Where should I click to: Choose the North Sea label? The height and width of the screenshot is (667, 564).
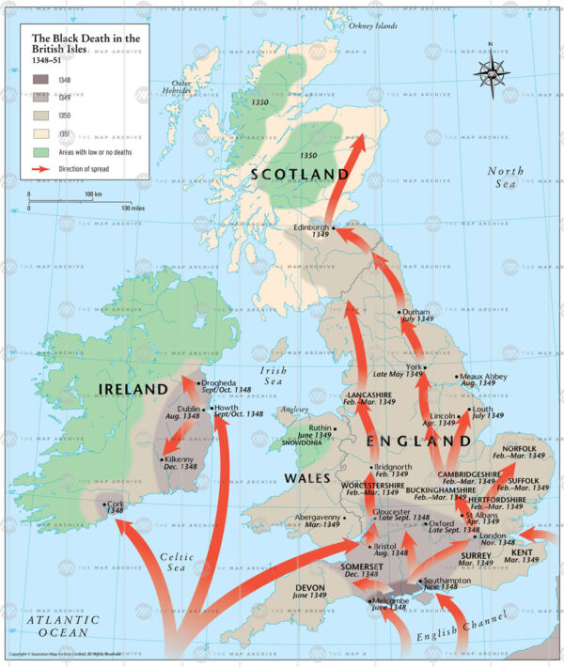(507, 178)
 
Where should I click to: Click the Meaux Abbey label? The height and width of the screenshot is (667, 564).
(484, 376)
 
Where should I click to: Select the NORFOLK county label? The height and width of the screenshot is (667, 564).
(519, 449)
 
